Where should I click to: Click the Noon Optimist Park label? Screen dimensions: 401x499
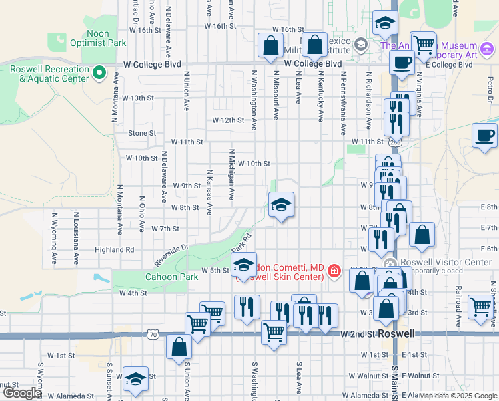click(107, 38)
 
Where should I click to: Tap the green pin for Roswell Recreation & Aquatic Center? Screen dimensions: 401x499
click(100, 72)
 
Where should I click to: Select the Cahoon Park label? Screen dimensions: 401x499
click(173, 277)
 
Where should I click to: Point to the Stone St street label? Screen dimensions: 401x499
click(142, 133)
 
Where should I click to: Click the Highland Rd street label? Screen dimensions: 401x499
click(115, 249)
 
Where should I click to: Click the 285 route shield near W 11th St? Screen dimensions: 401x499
click(396, 142)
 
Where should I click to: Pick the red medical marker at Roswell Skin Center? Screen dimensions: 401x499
click(334, 271)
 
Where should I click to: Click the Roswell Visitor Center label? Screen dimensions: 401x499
click(444, 262)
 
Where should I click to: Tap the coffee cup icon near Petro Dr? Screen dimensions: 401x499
click(484, 135)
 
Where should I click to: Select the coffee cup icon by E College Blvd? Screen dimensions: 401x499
click(402, 63)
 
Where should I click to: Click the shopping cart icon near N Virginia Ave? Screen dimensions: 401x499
click(424, 45)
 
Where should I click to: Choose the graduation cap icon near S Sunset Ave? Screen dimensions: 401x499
click(136, 378)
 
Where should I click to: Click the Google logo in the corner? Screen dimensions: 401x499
click(22, 393)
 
